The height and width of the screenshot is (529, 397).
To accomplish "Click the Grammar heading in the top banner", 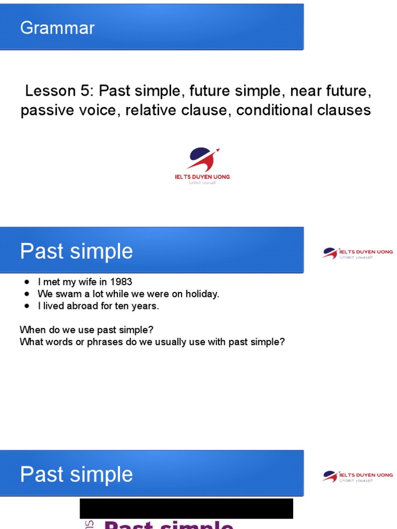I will tap(57, 27).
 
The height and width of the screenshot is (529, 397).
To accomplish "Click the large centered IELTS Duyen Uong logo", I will tap(203, 160).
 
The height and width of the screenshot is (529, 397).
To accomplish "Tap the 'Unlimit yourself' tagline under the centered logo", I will tap(202, 183).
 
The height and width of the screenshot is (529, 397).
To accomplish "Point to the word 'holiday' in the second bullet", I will tap(202, 294).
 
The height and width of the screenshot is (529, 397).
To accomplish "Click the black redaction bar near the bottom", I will tap(186, 508).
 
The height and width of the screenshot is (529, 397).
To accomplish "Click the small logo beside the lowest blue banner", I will tap(357, 476).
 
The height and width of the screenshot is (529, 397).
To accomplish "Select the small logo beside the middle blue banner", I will tap(357, 253).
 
